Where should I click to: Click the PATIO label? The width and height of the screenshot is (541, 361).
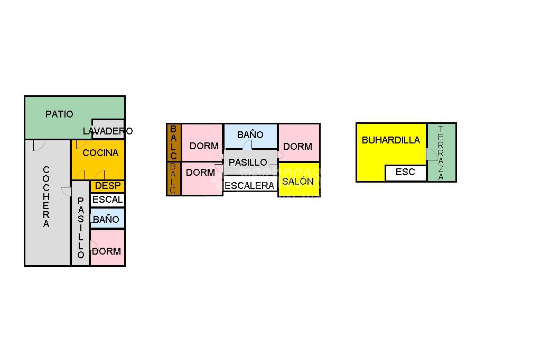coord(59,114)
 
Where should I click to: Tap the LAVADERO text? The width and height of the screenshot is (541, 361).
coord(108,131)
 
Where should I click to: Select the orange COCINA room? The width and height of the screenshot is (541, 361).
coord(100,153)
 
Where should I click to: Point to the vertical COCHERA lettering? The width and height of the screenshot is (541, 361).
coord(46,197)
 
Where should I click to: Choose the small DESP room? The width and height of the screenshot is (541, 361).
coord(108,186)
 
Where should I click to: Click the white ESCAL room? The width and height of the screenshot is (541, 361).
coord(107,200)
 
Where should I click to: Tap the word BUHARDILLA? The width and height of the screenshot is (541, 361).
coord(391,140)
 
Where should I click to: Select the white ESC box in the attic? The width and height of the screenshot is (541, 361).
coord(405,173)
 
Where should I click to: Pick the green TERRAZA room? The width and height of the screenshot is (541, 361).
coord(441,152)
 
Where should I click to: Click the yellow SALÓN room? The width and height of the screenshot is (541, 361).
coord(299,181)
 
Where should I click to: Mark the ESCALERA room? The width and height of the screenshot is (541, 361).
coord(250,185)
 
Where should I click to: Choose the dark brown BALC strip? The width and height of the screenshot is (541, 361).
coord(174,142)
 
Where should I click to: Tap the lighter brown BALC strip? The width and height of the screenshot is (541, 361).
coord(174,178)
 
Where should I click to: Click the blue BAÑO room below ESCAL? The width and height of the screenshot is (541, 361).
coord(107,219)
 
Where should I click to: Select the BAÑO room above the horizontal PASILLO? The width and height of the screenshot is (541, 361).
coord(250,135)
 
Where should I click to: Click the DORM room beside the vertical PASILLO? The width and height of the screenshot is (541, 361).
coord(107,248)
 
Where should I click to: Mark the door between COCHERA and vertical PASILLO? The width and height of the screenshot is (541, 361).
coord(67,191)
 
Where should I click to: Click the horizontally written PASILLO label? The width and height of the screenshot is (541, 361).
coord(248,163)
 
